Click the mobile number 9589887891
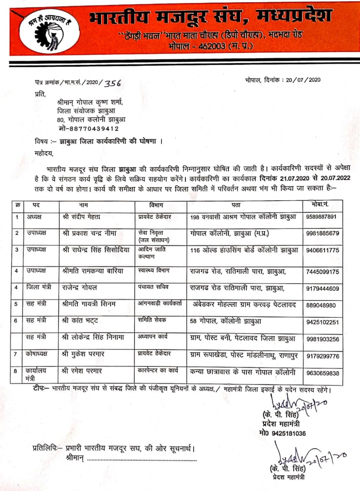click(x=322, y=217)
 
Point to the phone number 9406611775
click(x=322, y=250)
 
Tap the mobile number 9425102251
click(x=322, y=322)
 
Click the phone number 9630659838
click(x=322, y=372)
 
